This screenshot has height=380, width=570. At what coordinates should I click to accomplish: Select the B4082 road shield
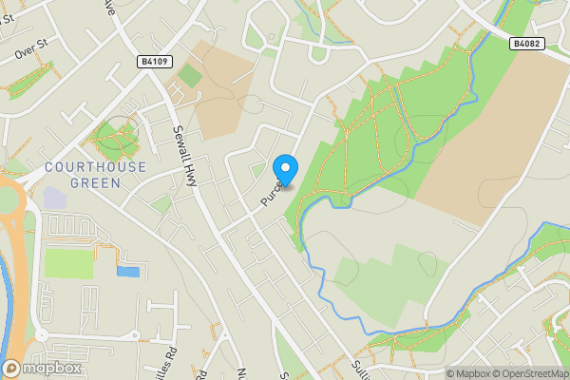[525, 44]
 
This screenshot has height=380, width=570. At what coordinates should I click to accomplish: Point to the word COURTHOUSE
[96, 167]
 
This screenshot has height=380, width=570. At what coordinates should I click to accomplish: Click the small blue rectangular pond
[127, 272]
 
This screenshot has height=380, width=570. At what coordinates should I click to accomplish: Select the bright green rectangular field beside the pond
[69, 262]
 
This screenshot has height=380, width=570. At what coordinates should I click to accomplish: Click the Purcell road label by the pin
[270, 195]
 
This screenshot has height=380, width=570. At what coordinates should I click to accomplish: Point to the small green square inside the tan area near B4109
[190, 75]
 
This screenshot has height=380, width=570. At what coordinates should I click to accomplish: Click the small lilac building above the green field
[54, 199]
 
